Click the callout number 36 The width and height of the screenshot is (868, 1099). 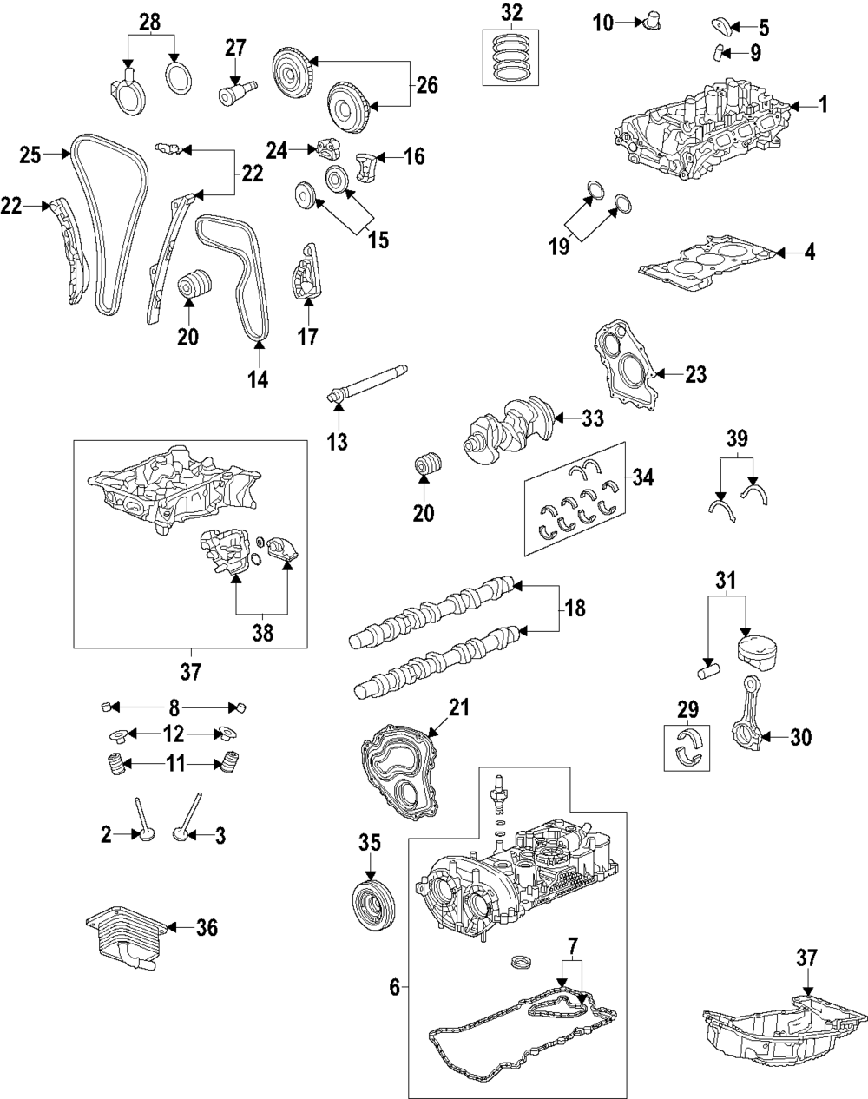tap(206, 928)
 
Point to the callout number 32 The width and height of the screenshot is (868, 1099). tap(512, 12)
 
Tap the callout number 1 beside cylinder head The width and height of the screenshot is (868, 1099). tap(823, 105)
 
